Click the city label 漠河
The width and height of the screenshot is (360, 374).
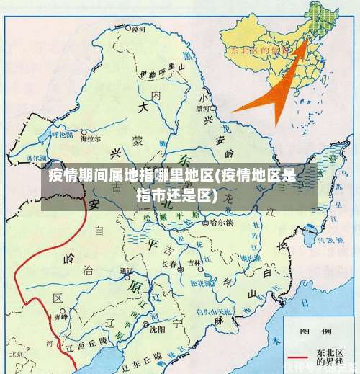139,30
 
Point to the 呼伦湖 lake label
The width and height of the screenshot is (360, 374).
62,134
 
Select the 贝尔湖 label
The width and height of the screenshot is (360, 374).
36,156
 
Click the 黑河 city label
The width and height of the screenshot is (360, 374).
204,108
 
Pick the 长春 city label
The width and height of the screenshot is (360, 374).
170,264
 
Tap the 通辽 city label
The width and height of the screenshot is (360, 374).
127,270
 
